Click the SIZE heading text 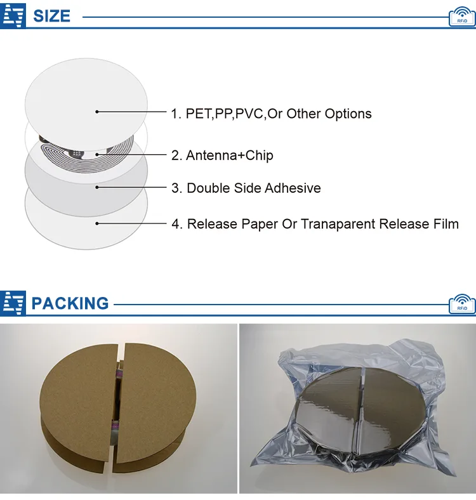51,16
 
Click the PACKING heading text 70,303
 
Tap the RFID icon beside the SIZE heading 461,17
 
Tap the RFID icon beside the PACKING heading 461,304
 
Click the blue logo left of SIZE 13,15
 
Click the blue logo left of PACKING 13,303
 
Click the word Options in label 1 348,114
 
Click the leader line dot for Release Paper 97,223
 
